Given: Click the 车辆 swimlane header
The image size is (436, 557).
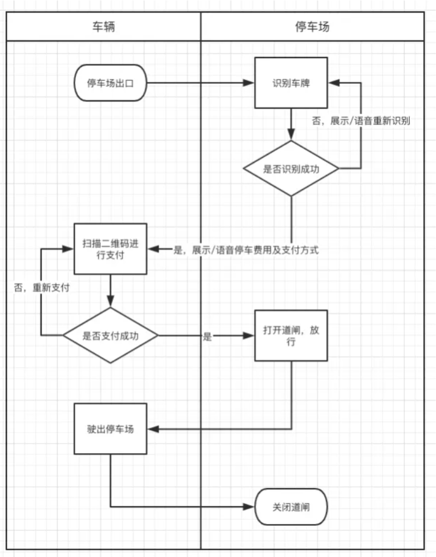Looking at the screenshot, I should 104,27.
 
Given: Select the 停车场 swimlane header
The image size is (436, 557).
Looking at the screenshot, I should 312,27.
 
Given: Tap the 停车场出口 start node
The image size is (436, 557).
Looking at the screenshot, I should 110,83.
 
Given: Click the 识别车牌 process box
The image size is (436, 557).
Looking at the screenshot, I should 291,83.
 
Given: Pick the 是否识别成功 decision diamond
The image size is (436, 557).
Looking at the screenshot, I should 291,169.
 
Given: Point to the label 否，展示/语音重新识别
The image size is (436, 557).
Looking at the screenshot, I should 361,121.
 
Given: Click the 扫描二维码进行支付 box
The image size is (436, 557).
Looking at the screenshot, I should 110,249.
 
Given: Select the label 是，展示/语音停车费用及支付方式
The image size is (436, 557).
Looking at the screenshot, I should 245,250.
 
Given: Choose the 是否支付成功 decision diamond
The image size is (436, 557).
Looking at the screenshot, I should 110,336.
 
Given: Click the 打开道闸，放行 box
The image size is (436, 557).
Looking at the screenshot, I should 291,336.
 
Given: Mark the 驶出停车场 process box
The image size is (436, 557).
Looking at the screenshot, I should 110,429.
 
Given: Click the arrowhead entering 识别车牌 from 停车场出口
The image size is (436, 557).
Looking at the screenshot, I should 249,83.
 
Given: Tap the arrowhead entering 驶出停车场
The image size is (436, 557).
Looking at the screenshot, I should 152,429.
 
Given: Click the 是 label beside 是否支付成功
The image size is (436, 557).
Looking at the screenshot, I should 207,336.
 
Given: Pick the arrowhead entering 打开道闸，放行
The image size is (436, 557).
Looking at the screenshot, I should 249,336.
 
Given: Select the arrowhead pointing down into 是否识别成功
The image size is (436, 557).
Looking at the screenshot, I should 291,136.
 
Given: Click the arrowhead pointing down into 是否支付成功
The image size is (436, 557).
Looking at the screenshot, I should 110,303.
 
